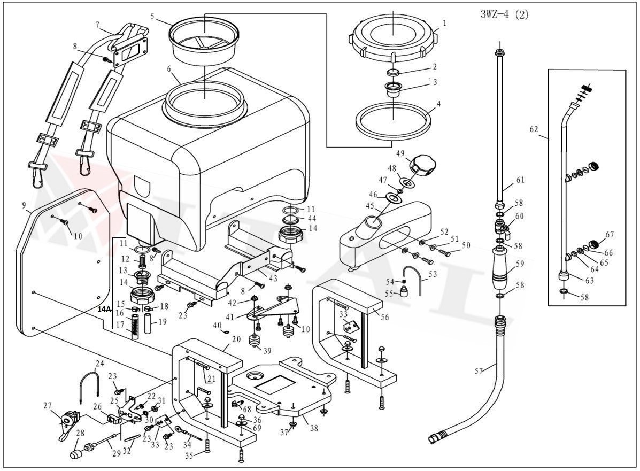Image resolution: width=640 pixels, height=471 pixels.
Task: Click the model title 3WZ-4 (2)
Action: [504, 14]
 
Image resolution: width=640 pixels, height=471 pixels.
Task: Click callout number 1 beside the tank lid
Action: [443, 24]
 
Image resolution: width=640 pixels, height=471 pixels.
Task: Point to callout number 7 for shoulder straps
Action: [97, 25]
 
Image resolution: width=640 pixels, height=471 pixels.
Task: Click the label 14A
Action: [104, 309]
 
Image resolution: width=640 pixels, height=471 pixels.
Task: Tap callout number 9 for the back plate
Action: [24, 205]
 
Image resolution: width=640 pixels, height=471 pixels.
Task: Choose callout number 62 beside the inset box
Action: [534, 129]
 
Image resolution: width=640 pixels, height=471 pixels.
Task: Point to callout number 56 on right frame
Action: [384, 317]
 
